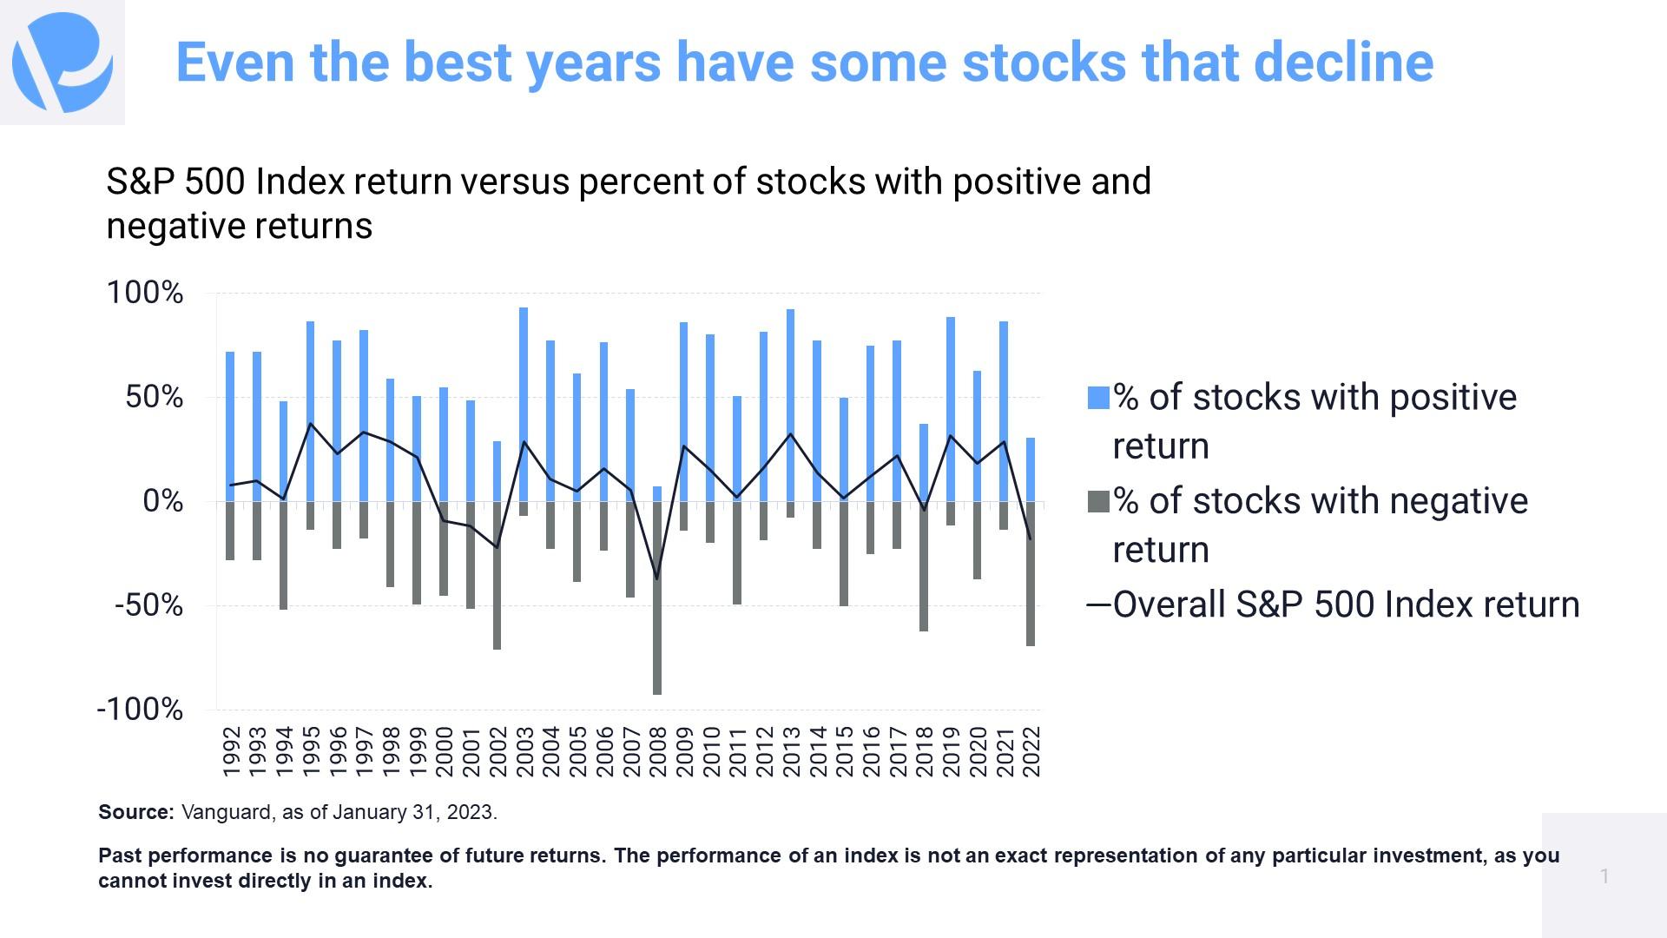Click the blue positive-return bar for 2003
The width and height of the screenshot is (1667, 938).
tap(524, 405)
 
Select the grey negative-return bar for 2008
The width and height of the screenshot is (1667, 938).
tap(657, 598)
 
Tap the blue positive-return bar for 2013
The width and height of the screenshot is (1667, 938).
tap(790, 406)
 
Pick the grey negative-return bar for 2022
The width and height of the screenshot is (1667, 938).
tap(1031, 573)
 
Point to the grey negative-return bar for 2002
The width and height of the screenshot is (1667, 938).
tap(497, 575)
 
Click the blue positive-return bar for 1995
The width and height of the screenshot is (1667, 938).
tap(310, 412)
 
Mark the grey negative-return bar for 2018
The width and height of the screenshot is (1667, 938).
tap(924, 566)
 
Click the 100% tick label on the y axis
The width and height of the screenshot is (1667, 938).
tap(144, 293)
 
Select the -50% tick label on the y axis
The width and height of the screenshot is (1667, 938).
tap(148, 605)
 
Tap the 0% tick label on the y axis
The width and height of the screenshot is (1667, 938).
tap(163, 501)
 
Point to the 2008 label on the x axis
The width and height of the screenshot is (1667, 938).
tap(657, 752)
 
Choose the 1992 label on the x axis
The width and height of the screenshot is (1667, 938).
tap(230, 752)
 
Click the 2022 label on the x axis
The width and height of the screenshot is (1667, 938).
tap(1031, 752)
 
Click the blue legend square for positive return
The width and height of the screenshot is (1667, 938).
tap(1098, 398)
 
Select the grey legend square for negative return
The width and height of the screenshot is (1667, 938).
tap(1098, 501)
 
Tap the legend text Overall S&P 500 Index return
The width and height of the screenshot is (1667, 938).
tap(1346, 604)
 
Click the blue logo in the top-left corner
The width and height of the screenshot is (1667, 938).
tap(63, 63)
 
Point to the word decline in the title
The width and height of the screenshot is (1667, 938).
tap(1343, 63)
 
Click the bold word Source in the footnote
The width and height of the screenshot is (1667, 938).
tap(136, 812)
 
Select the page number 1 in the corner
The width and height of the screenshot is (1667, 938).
tap(1604, 875)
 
